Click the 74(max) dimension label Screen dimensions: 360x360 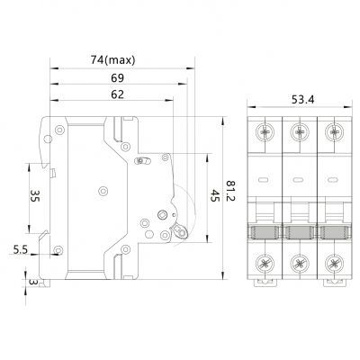[x=113, y=59]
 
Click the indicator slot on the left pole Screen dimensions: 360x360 [x=263, y=180]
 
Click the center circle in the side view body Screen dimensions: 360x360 [x=103, y=189]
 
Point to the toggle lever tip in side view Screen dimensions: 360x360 [x=184, y=232]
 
